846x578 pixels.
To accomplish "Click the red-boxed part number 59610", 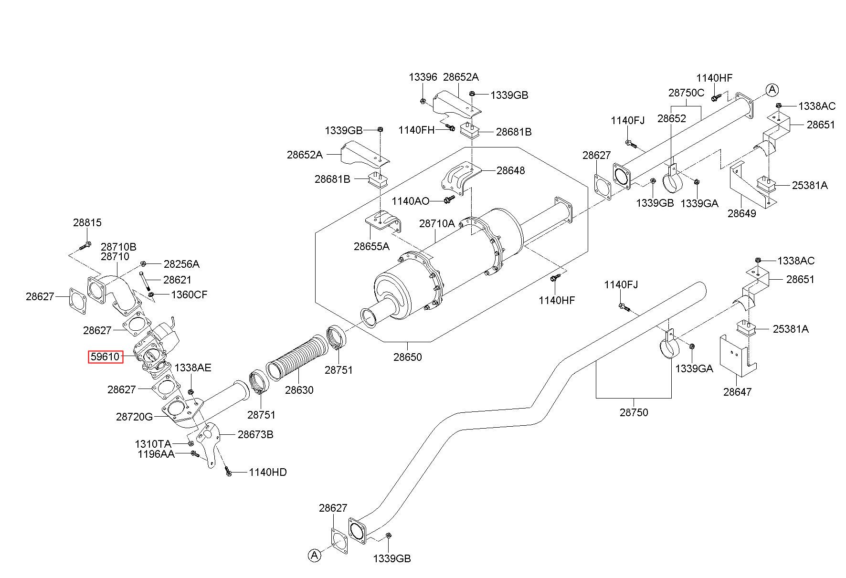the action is tap(106, 357).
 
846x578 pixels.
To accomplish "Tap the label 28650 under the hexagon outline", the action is tap(408, 357).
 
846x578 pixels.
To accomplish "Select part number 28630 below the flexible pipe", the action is tap(299, 390).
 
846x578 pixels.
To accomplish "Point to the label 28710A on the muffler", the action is tap(437, 223).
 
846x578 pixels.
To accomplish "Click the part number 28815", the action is tap(87, 222).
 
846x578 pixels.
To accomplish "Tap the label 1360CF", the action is tap(189, 294).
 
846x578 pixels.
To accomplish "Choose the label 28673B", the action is tap(255, 434).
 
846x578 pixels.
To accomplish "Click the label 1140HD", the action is tap(268, 472).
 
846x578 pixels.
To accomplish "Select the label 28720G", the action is tap(135, 417).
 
